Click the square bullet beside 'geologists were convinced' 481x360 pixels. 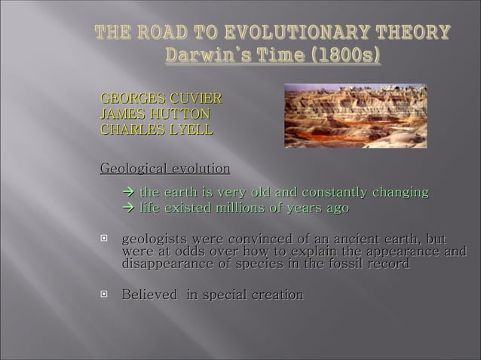coord(105,239)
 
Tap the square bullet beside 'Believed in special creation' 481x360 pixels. coord(105,294)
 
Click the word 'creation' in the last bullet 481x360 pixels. coord(274,294)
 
